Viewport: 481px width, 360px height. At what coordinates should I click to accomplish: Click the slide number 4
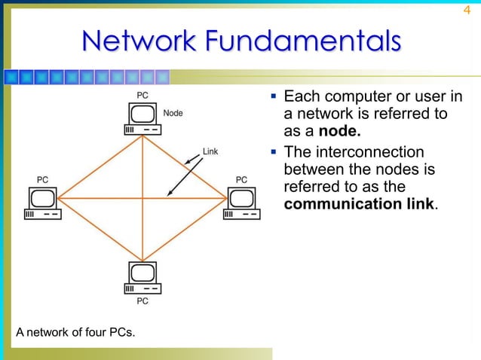(466, 11)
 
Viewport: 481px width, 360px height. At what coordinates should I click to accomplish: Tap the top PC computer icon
(142, 118)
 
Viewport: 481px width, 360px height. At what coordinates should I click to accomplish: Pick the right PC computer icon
(241, 203)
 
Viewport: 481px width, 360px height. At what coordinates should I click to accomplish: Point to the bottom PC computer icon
(142, 278)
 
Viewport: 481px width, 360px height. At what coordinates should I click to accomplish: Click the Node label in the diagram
(173, 113)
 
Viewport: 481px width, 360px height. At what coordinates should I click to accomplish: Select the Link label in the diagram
(210, 151)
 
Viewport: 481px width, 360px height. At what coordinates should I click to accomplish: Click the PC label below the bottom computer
(142, 301)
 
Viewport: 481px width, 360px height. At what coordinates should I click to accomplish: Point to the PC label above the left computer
(44, 180)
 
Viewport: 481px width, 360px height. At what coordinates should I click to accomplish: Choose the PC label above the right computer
(241, 180)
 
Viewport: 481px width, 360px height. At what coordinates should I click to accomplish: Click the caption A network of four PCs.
(71, 331)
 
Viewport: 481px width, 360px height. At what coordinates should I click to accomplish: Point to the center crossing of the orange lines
(142, 198)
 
